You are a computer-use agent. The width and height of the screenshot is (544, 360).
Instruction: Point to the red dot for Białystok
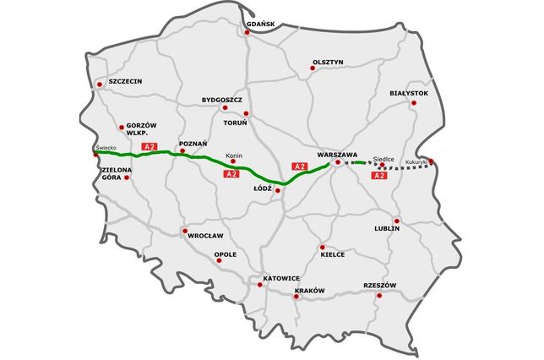pyautogui.click(x=413, y=103)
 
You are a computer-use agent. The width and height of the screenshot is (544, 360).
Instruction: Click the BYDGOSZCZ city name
pyautogui.click(x=222, y=99)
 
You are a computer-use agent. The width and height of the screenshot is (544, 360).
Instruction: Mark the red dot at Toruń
pyautogui.click(x=246, y=113)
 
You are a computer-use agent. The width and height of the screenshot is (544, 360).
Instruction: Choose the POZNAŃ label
pyautogui.click(x=193, y=145)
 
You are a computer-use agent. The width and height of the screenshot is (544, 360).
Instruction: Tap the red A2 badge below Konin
pyautogui.click(x=230, y=173)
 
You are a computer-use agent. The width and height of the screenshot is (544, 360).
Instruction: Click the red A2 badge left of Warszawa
pyautogui.click(x=298, y=166)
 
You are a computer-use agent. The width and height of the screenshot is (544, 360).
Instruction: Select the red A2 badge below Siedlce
pyautogui.click(x=378, y=175)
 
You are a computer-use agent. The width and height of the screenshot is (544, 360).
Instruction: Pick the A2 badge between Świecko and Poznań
pyautogui.click(x=150, y=147)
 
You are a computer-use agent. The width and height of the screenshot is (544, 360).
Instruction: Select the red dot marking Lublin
pyautogui.click(x=396, y=221)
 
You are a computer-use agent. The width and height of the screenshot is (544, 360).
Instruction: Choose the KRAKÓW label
pyautogui.click(x=309, y=291)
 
